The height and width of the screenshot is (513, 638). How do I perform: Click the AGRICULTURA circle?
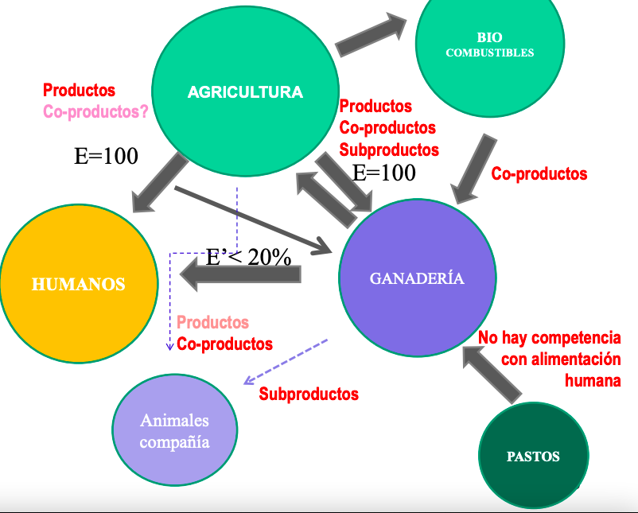pos(245,91)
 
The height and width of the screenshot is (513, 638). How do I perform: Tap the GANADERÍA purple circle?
pos(417,278)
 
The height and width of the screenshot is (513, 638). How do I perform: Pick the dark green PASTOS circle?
pos(533,456)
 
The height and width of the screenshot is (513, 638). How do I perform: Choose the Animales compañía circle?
pos(174,430)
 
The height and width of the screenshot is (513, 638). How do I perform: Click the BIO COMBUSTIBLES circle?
pos(490,45)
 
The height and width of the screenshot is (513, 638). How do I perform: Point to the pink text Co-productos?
pos(95,112)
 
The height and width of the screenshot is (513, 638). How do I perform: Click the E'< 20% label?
pos(248,257)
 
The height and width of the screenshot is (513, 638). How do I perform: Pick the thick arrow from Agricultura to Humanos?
pos(160,183)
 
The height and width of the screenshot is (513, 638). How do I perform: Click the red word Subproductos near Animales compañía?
pos(309,394)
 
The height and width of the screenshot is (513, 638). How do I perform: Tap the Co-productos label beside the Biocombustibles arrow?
pos(539,173)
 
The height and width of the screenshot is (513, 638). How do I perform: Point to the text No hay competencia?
pos(550,338)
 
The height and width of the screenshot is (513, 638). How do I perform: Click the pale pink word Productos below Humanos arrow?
pos(212,322)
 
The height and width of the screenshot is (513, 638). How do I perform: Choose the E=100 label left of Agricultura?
pos(106,156)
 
